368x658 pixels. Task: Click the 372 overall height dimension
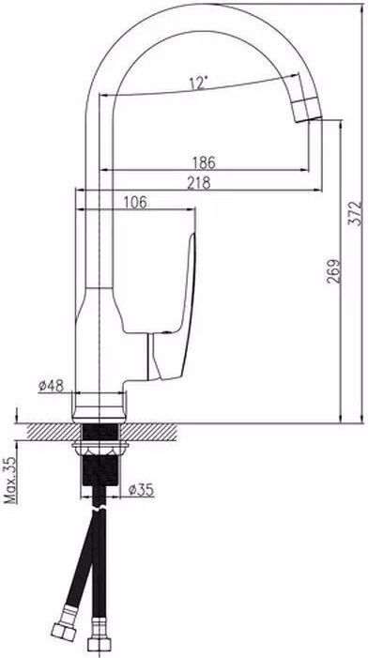coord(356,213)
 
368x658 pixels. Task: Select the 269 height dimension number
coord(334,270)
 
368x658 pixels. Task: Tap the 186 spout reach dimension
coord(204,162)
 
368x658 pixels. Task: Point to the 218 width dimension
coord(199,183)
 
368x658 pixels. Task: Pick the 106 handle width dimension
coord(135,203)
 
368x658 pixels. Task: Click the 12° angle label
coord(198,84)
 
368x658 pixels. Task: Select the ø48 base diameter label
coord(52,386)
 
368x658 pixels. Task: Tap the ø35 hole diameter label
coord(141,489)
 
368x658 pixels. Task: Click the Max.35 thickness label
coord(10,479)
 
